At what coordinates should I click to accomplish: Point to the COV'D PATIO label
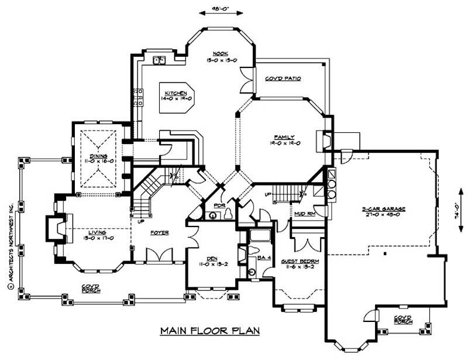pos(283,78)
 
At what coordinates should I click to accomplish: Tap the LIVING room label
pos(93,231)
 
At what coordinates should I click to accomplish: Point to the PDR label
pos(220,206)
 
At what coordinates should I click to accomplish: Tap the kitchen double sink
pos(160,60)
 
